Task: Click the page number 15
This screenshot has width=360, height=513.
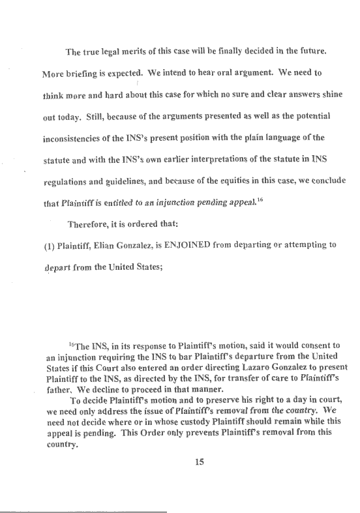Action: coord(200,463)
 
